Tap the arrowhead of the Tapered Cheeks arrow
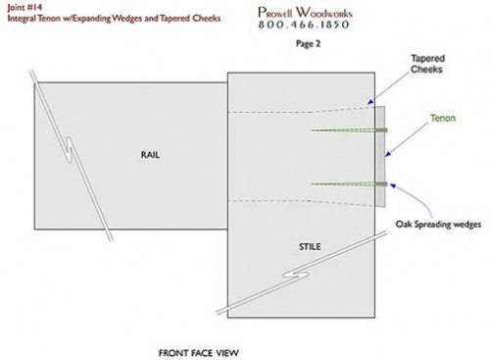(368, 102)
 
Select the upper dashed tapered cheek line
(294, 110)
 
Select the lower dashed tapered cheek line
(294, 202)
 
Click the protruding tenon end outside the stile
(382, 157)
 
